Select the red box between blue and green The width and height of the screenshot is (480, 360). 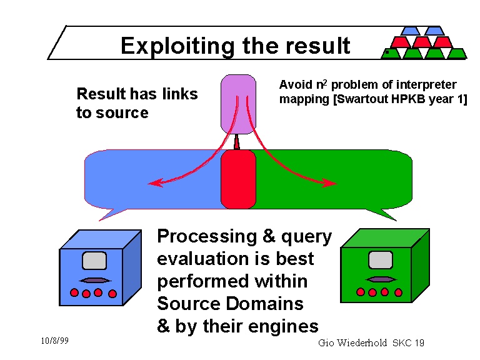coord(239,179)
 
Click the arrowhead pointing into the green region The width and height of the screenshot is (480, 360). coord(331,183)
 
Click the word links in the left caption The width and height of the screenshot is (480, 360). coord(179,94)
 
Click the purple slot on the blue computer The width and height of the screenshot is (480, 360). coord(94,280)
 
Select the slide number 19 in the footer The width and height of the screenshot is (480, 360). coord(419,343)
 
